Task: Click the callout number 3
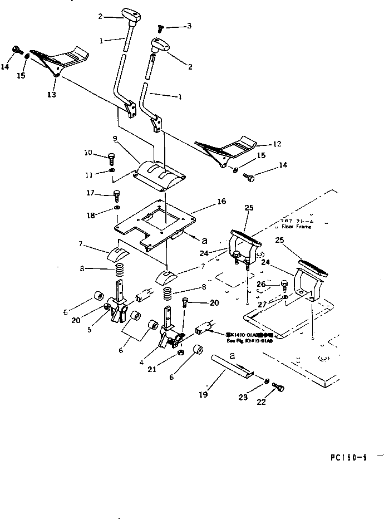[x=189, y=26]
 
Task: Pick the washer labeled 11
[x=111, y=170]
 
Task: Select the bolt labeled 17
[x=117, y=194]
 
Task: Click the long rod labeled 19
[x=230, y=368]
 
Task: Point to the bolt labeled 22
[x=279, y=388]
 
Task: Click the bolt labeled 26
[x=284, y=286]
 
